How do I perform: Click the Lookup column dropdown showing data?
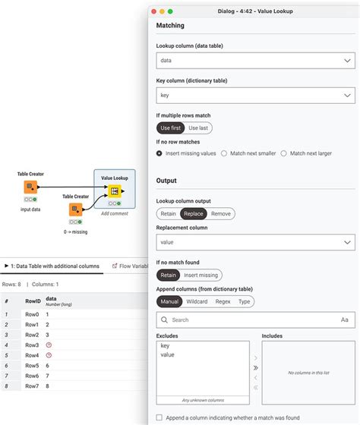click(x=254, y=59)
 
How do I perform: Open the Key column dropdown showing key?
click(x=254, y=96)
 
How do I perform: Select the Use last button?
click(x=197, y=128)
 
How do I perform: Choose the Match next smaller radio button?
click(x=225, y=153)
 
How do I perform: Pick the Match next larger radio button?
click(x=284, y=153)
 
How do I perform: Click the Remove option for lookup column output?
click(x=221, y=214)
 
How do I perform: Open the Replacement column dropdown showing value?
click(x=254, y=242)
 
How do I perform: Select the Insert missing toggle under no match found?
click(x=201, y=275)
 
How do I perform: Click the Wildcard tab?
click(x=197, y=301)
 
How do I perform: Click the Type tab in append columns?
click(x=245, y=301)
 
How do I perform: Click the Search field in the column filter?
click(x=251, y=320)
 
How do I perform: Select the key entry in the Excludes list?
click(x=166, y=346)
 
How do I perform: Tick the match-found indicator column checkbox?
click(x=159, y=417)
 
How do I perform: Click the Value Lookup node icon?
click(x=114, y=190)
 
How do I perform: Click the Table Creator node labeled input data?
click(x=30, y=187)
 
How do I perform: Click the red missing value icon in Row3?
click(x=49, y=345)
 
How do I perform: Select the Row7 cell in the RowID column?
click(x=33, y=386)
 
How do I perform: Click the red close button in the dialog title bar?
click(x=154, y=11)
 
